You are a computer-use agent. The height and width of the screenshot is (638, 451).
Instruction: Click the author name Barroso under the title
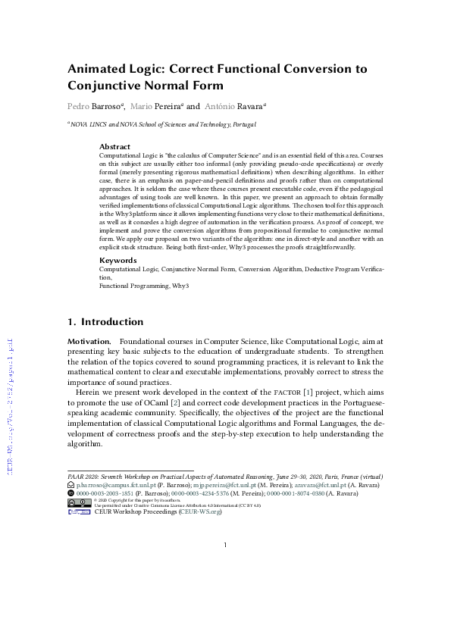tap(111, 107)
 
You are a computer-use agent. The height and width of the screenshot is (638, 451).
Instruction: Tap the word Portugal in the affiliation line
tap(241, 124)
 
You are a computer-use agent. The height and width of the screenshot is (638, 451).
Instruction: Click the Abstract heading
tap(115, 146)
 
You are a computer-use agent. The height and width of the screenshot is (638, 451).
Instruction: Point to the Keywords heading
tap(117, 260)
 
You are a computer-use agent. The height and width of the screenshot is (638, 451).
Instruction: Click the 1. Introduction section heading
tap(105, 322)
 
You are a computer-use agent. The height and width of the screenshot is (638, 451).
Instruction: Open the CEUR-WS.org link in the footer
tap(200, 512)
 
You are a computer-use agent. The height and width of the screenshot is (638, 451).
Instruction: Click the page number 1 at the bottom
tap(226, 545)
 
